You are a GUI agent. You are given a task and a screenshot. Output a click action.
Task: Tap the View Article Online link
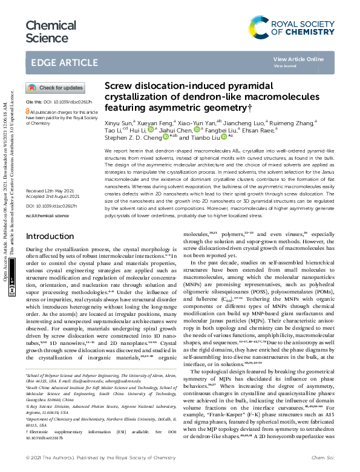tap(298, 59)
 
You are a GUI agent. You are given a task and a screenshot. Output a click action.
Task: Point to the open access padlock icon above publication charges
tap(27, 112)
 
